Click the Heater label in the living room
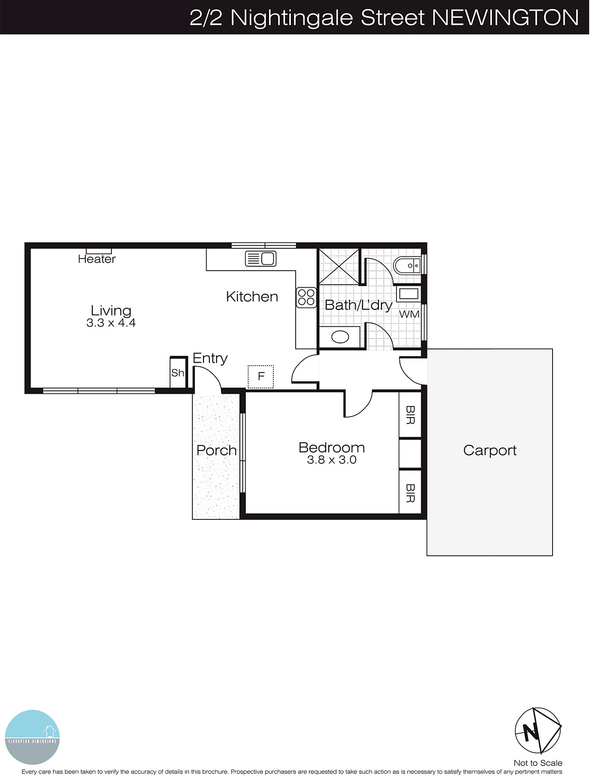click(97, 259)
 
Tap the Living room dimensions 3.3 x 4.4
click(111, 323)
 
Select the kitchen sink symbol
click(261, 258)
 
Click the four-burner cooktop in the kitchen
click(306, 297)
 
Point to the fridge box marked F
click(261, 376)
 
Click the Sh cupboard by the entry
click(178, 372)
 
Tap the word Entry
click(210, 358)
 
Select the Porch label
click(217, 450)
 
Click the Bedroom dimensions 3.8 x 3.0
click(331, 460)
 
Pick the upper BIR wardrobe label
click(410, 415)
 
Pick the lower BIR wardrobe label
click(410, 493)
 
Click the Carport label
click(489, 450)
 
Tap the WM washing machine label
click(409, 314)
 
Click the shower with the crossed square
click(339, 266)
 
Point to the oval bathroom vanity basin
click(340, 337)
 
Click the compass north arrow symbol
click(537, 731)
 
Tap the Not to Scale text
click(538, 763)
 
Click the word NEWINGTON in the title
click(505, 17)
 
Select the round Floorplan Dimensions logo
click(32, 737)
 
